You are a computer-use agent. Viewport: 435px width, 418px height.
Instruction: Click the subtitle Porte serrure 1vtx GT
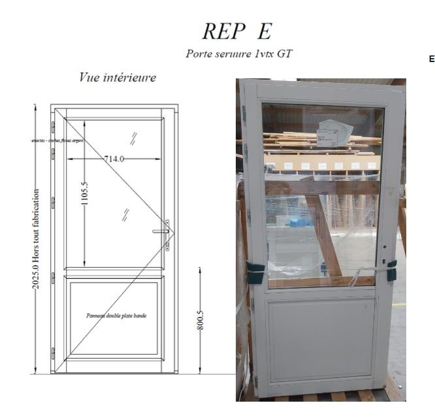click(238, 54)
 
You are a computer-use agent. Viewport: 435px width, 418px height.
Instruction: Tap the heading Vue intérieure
click(118, 78)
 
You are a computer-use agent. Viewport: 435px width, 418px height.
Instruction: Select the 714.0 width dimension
click(114, 158)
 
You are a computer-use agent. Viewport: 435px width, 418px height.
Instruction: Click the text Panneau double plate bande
click(116, 315)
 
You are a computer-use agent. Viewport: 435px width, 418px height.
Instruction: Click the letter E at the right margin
click(431, 59)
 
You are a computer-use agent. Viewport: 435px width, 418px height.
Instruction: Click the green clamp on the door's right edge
click(392, 270)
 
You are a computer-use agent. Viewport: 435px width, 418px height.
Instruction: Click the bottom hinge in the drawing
click(53, 353)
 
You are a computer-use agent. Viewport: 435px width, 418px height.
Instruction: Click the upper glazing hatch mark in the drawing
click(133, 137)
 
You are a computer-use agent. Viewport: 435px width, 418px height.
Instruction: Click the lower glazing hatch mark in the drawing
click(124, 214)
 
